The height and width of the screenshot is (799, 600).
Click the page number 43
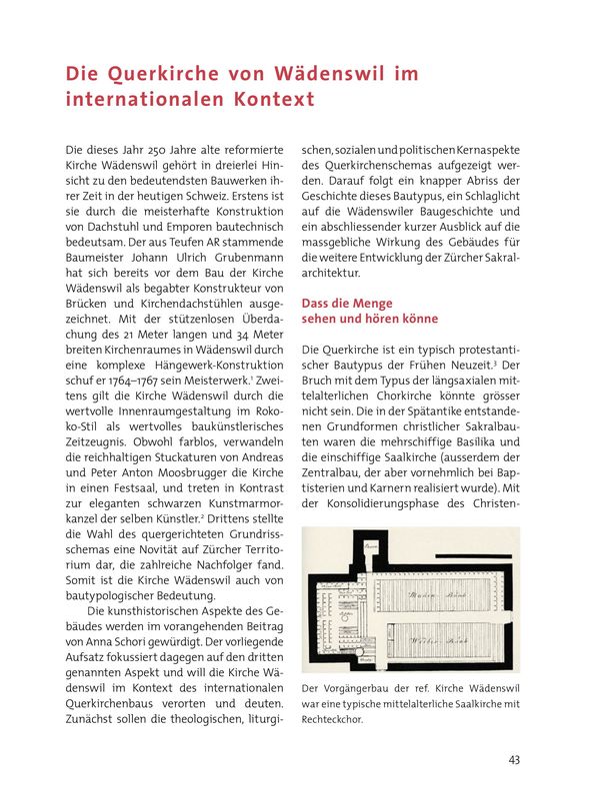pyautogui.click(x=514, y=760)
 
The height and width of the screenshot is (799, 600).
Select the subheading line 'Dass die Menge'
pyautogui.click(x=347, y=303)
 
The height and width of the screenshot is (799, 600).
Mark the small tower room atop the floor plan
pyautogui.click(x=370, y=547)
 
